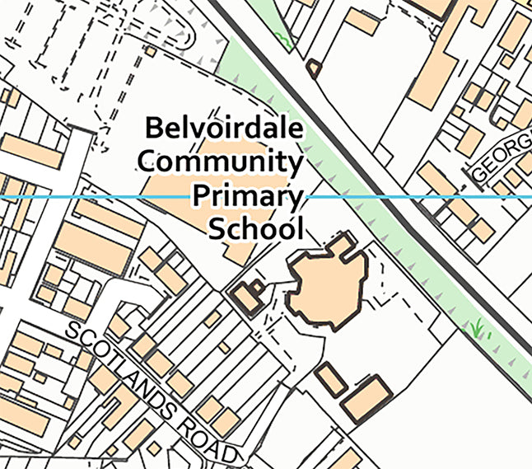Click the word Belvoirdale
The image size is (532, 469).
(x=223, y=128)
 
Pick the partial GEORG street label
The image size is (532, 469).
(x=502, y=157)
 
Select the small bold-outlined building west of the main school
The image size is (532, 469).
(x=245, y=298)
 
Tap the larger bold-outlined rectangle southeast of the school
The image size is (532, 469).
(x=365, y=399)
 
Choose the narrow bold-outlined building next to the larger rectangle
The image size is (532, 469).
(x=330, y=378)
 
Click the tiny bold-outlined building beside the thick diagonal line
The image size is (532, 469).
(x=313, y=68)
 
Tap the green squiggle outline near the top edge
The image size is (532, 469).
(x=284, y=37)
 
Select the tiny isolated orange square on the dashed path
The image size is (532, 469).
(x=151, y=52)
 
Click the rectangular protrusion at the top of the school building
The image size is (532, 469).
(x=344, y=242)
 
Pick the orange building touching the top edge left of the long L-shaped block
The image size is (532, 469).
(x=362, y=21)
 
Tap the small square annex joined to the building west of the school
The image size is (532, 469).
(x=258, y=288)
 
